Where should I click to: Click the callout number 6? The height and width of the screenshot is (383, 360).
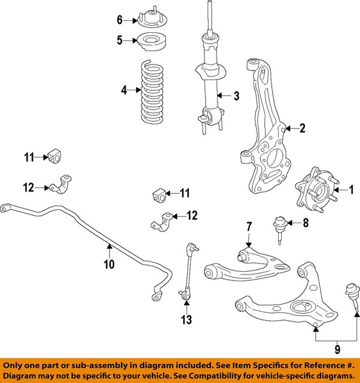click(x=119, y=20)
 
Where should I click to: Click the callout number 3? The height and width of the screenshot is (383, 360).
click(x=236, y=96)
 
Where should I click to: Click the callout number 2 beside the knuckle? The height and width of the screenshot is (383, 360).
click(x=303, y=127)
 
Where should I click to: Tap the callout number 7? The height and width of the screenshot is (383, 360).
click(x=249, y=226)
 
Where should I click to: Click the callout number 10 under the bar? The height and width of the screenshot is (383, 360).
click(x=108, y=264)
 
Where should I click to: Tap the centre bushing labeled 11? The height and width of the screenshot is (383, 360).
click(x=158, y=194)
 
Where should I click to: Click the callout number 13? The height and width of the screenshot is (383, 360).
click(x=187, y=320)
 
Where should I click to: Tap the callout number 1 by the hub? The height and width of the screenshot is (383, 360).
click(x=352, y=191)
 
